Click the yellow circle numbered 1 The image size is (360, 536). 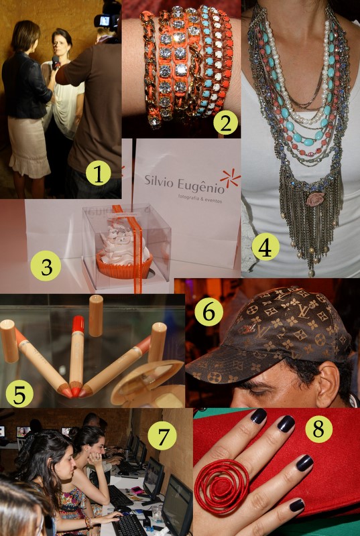click(99, 174)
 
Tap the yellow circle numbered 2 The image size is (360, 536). click(225, 123)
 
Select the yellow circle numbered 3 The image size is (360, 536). click(46, 267)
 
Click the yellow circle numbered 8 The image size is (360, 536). click(318, 429)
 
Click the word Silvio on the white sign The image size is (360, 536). click(159, 181)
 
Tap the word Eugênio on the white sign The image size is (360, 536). click(201, 186)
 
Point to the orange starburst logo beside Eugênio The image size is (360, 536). click(230, 178)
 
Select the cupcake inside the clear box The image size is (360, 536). click(124, 252)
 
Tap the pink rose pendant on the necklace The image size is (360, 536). click(315, 199)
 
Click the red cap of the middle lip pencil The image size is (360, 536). click(78, 324)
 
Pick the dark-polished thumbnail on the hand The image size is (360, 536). click(297, 505)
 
